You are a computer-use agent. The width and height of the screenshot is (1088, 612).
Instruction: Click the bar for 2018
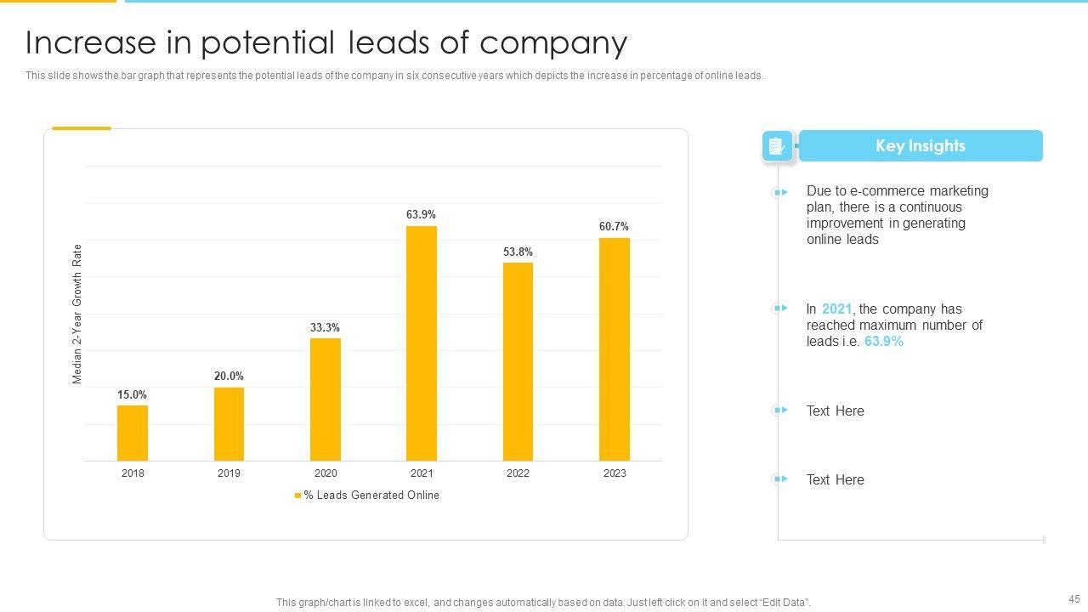click(x=133, y=433)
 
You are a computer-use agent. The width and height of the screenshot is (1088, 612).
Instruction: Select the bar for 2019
click(x=229, y=424)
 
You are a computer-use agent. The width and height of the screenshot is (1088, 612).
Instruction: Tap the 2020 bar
click(x=326, y=399)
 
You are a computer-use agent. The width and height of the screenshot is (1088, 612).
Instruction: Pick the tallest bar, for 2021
click(x=422, y=343)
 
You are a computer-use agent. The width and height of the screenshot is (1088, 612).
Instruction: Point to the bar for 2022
click(x=518, y=361)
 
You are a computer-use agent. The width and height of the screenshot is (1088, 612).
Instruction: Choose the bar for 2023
click(x=615, y=349)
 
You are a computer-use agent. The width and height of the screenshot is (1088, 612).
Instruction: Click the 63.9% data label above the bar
click(x=421, y=215)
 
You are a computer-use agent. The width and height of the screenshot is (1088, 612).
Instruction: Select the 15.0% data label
click(x=132, y=394)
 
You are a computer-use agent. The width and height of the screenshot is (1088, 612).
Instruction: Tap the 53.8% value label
click(x=518, y=252)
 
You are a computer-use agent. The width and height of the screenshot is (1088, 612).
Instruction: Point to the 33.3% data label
click(x=325, y=327)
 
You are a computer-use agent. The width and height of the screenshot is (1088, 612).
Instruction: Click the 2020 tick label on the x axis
click(x=326, y=473)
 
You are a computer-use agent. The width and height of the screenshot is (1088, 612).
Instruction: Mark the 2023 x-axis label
click(x=615, y=473)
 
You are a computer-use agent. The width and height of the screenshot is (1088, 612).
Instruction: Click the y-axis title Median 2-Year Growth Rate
click(x=77, y=314)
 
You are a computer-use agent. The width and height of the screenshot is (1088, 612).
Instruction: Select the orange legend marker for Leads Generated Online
click(x=297, y=496)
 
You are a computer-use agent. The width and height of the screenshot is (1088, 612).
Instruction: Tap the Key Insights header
click(x=921, y=146)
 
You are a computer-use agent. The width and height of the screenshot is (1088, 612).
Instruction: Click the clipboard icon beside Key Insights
click(x=776, y=146)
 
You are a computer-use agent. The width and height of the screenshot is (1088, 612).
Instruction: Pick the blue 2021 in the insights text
click(x=836, y=309)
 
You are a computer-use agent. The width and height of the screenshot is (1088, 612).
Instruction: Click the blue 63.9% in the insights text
click(x=884, y=342)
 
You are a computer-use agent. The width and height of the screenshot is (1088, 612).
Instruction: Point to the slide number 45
click(x=1074, y=598)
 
